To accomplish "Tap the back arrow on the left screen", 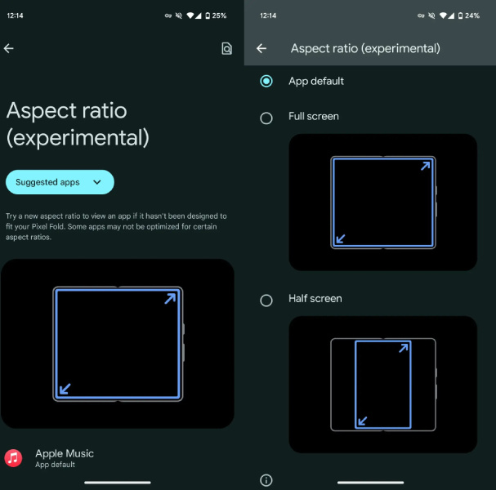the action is [8, 48].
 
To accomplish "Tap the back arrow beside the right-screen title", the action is [261, 48].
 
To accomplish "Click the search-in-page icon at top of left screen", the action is [226, 48].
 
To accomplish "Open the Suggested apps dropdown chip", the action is [60, 182].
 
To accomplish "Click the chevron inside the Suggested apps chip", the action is [97, 182].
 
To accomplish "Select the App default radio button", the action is [266, 81].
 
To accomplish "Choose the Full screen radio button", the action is [266, 118].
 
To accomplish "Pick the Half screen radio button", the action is [266, 301].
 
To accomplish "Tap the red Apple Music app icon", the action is [13, 458].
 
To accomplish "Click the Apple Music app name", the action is [65, 453].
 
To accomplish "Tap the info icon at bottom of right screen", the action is [266, 480].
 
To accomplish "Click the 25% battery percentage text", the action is [219, 16].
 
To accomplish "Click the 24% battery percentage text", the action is [472, 16].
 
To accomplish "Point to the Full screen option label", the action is [314, 116].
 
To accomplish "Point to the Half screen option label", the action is [315, 298].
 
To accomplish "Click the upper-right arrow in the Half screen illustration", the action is [404, 348].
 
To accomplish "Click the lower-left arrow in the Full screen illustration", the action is [341, 238].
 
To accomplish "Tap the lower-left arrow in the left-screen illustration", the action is [65, 389].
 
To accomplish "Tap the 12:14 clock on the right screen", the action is [268, 16].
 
